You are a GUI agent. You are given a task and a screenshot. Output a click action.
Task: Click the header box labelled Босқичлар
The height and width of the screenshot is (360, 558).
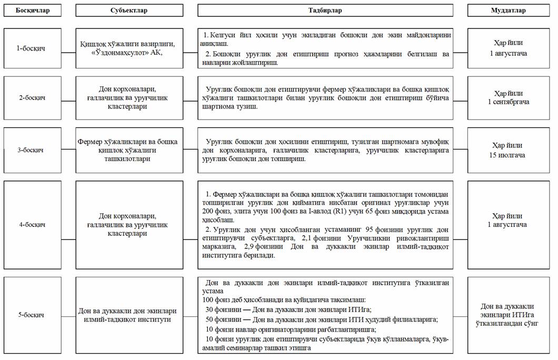(32, 11)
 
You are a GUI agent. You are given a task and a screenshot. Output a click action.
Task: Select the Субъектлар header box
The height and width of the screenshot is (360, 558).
(129, 11)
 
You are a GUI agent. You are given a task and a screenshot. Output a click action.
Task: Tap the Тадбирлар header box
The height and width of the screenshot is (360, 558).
(325, 11)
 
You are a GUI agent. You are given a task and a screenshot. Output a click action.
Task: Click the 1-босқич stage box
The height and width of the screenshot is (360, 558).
(32, 48)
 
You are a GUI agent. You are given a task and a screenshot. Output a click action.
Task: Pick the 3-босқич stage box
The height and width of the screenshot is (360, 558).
(32, 150)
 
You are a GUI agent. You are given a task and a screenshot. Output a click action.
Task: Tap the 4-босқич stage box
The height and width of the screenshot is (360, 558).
(32, 225)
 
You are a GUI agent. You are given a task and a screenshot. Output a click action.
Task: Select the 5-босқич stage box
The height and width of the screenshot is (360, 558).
(32, 315)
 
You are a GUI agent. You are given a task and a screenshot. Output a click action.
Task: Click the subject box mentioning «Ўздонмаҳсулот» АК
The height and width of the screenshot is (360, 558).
(129, 48)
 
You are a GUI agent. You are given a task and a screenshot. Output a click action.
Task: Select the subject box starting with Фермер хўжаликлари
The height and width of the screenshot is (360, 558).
(129, 150)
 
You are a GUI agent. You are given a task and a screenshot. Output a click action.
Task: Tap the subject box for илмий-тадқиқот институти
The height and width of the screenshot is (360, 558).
(129, 315)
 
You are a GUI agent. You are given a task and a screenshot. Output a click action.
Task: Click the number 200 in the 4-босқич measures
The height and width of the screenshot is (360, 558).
(208, 209)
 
